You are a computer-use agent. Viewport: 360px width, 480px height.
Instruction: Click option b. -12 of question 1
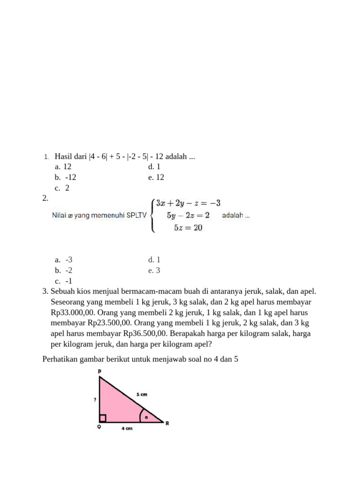coord(65,177)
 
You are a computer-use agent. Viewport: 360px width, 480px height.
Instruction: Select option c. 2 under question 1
coord(62,188)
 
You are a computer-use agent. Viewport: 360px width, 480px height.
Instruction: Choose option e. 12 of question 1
coord(156,177)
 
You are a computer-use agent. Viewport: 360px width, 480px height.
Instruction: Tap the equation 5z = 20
coord(188,228)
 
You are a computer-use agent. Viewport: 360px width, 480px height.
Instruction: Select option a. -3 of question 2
coord(64,260)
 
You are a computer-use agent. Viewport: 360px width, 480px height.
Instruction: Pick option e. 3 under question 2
coord(154,270)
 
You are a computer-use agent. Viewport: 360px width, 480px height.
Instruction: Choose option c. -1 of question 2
coord(64,281)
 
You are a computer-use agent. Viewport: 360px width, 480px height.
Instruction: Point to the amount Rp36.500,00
coord(145,334)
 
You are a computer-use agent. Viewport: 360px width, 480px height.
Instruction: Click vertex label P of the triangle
coord(100,371)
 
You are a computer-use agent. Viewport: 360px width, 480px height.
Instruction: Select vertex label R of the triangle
coord(167,423)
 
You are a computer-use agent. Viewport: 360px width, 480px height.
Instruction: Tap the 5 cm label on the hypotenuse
coord(142,394)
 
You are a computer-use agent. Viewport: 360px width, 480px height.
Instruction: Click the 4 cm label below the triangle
coord(127,429)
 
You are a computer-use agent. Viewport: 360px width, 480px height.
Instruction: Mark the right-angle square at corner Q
coord(103,418)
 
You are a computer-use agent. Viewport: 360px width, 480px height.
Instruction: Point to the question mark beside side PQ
coord(95,400)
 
